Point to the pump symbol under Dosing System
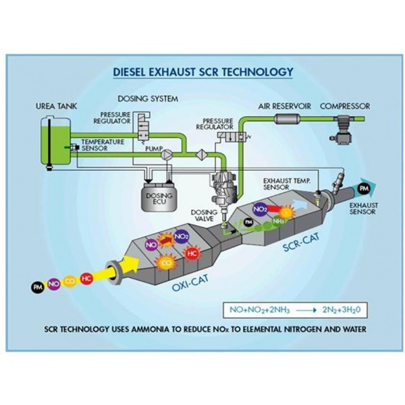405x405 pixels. pos(167,155)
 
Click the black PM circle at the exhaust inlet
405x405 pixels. pos(36,288)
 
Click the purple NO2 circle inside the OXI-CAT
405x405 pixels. pos(181,237)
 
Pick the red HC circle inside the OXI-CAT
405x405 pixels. pos(191,253)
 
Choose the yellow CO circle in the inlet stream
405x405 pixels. pos(70,280)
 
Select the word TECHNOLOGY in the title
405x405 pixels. pos(254,71)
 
